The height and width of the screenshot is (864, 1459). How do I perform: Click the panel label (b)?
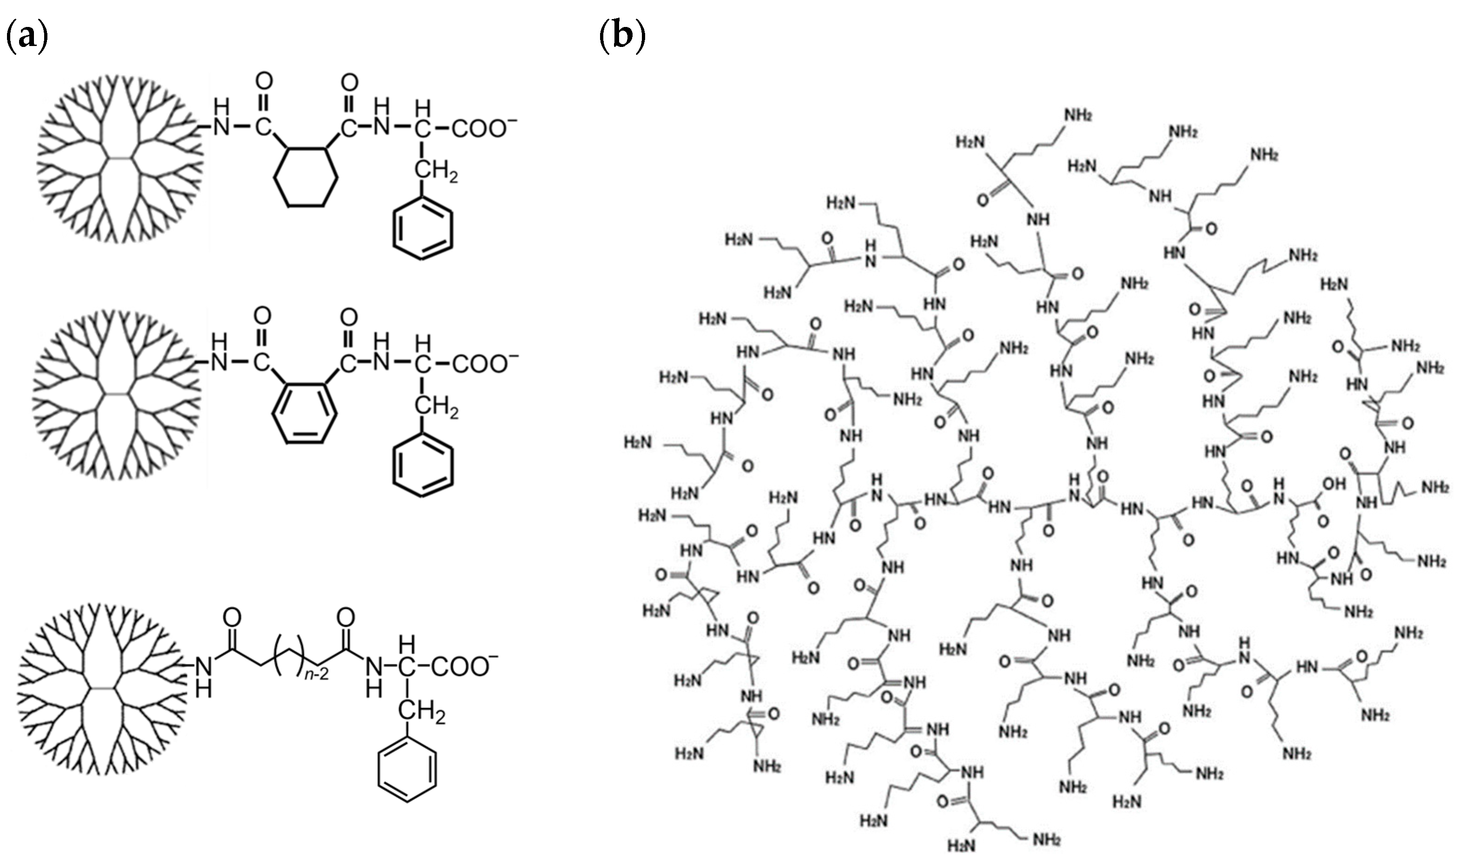coord(622,39)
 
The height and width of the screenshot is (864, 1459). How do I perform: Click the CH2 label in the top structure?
coord(436,172)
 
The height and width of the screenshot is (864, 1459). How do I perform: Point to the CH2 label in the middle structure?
coord(436,409)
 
